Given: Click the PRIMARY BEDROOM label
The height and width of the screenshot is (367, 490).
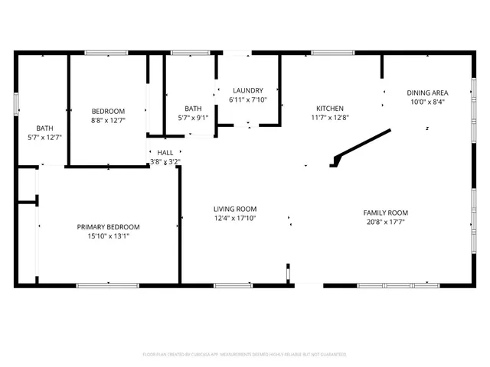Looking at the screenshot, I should point(108,226).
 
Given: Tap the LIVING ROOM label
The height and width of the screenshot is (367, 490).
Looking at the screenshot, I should point(234,209).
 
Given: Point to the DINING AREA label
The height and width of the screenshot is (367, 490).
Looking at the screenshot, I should point(426,93).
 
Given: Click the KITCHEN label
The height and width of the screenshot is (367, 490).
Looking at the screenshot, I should point(330,109).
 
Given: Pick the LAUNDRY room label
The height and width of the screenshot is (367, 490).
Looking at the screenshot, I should point(247,90).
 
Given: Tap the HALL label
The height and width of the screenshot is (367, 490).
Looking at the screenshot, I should point(165,153).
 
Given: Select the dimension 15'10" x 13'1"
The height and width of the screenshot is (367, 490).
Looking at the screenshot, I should point(108,236).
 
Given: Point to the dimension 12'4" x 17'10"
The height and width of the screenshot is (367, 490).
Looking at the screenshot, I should point(234,219).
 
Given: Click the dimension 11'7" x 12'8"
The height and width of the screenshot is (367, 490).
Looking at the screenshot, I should point(330,119).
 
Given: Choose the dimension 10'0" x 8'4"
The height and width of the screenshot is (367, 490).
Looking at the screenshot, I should point(426,102).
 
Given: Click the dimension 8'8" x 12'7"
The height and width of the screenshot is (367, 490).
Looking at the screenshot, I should point(108,121).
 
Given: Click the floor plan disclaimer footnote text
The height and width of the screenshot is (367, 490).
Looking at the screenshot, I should point(244,355).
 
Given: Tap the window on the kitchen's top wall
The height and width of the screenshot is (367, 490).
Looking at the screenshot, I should point(332,53).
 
